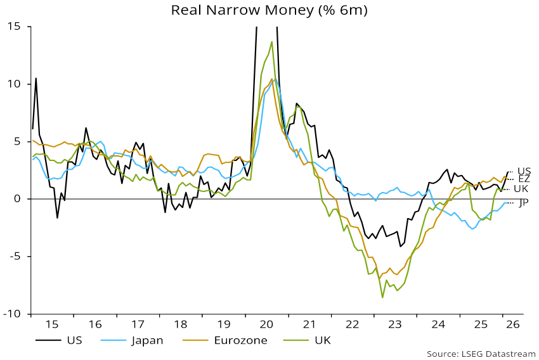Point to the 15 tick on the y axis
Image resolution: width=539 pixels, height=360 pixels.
pyautogui.click(x=14, y=27)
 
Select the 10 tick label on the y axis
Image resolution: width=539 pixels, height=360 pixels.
pyautogui.click(x=14, y=84)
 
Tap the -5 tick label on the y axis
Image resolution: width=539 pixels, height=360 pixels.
pyautogui.click(x=14, y=257)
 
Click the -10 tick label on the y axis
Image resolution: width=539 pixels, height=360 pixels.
pyautogui.click(x=11, y=314)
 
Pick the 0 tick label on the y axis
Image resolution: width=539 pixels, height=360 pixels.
pyautogui.click(x=17, y=199)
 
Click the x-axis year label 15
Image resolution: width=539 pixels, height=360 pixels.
pyautogui.click(x=51, y=324)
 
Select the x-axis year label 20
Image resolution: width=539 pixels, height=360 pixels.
pyautogui.click(x=266, y=324)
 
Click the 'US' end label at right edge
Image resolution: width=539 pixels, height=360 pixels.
pyautogui.click(x=524, y=171)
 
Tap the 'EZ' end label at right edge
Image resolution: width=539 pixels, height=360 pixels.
pyautogui.click(x=524, y=179)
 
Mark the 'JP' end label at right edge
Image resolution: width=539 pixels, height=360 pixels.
pyautogui.click(x=524, y=203)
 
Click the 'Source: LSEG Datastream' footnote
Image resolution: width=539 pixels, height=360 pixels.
pyautogui.click(x=481, y=354)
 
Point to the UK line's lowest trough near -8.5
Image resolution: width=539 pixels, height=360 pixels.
pyautogui.click(x=382, y=297)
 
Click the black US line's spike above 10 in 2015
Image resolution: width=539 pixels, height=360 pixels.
pyautogui.click(x=36, y=79)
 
